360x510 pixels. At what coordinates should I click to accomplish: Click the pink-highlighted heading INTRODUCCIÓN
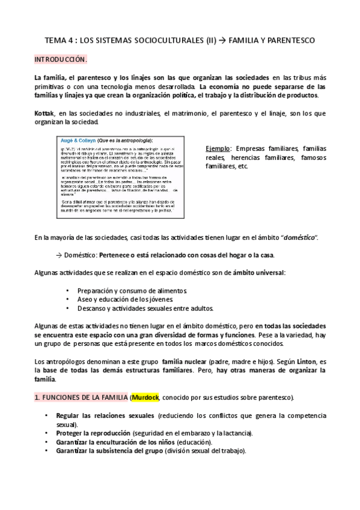(60, 60)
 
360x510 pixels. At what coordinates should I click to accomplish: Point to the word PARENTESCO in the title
(288, 40)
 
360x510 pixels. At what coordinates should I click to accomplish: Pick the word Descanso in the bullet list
(92, 309)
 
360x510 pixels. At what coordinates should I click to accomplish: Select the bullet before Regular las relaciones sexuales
(47, 416)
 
